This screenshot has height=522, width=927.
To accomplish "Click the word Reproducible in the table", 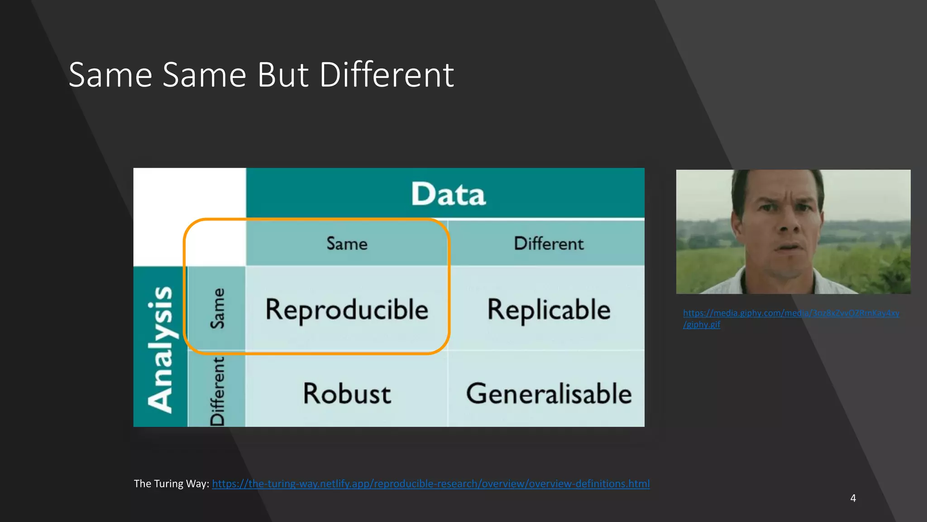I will point(347,310).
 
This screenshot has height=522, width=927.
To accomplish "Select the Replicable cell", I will point(549,310).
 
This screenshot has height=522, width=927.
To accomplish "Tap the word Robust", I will point(347,393).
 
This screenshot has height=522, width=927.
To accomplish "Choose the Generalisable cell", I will point(549,393).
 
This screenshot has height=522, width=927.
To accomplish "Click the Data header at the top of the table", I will point(448,194).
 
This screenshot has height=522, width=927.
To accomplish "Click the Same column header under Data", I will point(347,244).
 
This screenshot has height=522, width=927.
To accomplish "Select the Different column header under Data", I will point(549,244).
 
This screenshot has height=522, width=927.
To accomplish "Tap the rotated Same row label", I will point(217,308).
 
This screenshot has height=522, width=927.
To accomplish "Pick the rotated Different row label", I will point(217,391).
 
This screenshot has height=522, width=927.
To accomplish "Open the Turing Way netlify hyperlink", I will point(430,484).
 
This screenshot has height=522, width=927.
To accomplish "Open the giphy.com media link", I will point(791,313).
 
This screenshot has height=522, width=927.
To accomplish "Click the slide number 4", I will point(853,498).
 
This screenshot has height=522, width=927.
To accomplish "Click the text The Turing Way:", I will point(171,484).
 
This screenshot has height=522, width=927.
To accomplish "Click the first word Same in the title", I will point(110,75).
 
